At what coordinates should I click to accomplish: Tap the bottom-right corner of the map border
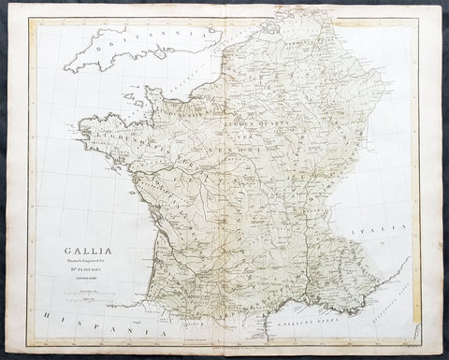tap(424, 347)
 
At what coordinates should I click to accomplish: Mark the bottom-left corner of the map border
tap(28, 347)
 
